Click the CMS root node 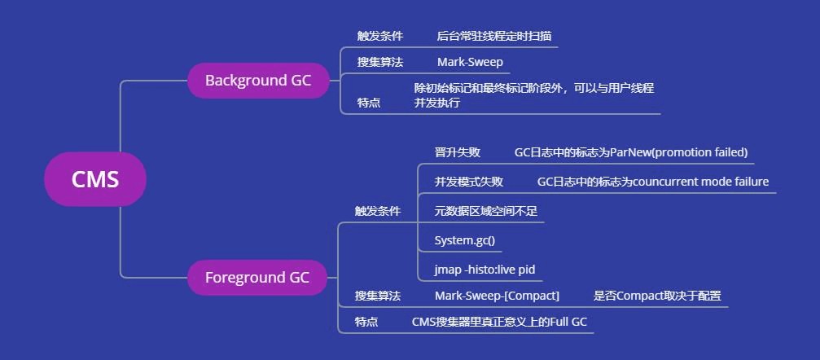(95, 179)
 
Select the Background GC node (258, 81)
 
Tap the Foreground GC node (257, 278)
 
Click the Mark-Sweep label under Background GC (470, 62)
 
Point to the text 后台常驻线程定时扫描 (493, 36)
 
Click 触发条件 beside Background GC (379, 36)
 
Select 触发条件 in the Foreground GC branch (377, 211)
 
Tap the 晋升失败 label (457, 152)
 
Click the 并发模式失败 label (468, 182)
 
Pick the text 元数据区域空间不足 (485, 211)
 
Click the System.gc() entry (464, 240)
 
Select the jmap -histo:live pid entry (485, 270)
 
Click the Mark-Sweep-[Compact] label (497, 296)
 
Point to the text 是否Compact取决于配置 (657, 296)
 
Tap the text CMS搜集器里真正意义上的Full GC (499, 322)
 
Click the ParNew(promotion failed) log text (631, 152)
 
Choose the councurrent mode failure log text (653, 182)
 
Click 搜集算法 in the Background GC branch (379, 62)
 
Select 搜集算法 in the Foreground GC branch (377, 296)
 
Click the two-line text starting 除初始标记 (533, 95)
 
